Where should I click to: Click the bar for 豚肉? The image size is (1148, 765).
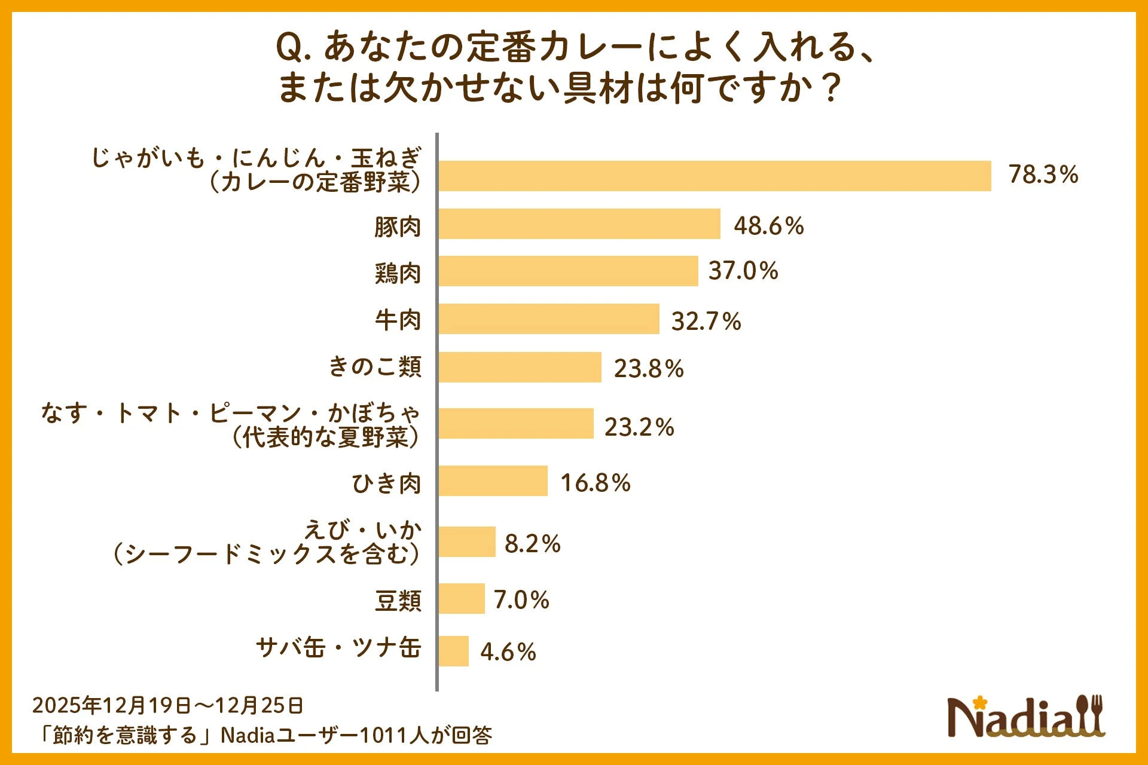click(579, 224)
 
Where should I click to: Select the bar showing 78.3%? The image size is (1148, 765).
click(715, 176)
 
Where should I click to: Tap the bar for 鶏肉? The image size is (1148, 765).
click(568, 271)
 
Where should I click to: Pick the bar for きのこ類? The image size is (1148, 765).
click(520, 367)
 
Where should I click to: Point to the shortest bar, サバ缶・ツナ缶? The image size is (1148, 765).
click(453, 651)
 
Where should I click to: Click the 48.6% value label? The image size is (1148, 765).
click(768, 226)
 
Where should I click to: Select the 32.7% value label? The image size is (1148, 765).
click(706, 321)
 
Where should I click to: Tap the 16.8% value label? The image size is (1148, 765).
click(595, 483)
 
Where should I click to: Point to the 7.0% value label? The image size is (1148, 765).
click(521, 599)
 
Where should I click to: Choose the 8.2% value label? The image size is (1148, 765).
click(532, 543)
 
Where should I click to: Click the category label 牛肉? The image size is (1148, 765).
click(398, 320)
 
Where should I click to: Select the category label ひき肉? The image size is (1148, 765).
click(386, 483)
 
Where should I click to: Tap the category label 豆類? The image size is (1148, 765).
click(398, 600)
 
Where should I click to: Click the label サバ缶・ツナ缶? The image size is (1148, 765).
click(338, 647)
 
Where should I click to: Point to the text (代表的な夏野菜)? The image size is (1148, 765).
click(326, 437)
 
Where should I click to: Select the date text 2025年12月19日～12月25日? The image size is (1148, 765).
click(167, 706)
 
